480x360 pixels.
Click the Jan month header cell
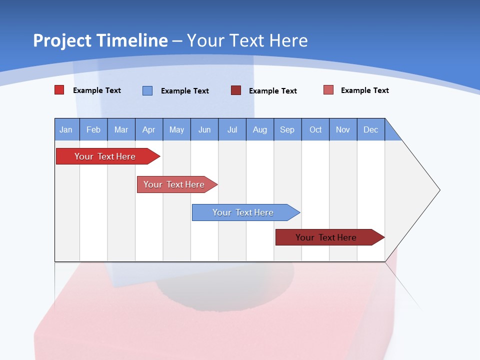pyautogui.click(x=66, y=129)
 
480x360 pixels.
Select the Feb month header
pyautogui.click(x=93, y=129)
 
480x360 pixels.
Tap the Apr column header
pyautogui.click(x=149, y=129)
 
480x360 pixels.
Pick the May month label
pyautogui.click(x=176, y=129)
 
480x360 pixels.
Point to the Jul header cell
pyautogui.click(x=232, y=129)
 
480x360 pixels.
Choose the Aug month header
pyautogui.click(x=260, y=129)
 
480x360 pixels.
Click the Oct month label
pyautogui.click(x=315, y=129)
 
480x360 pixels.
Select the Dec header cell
pyautogui.click(x=370, y=129)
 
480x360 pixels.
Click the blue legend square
pyautogui.click(x=147, y=90)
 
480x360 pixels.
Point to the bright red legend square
pyautogui.click(x=59, y=90)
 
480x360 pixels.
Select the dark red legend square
pyautogui.click(x=236, y=90)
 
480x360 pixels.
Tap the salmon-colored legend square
pyautogui.click(x=328, y=90)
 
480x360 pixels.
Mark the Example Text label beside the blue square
pyautogui.click(x=184, y=91)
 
